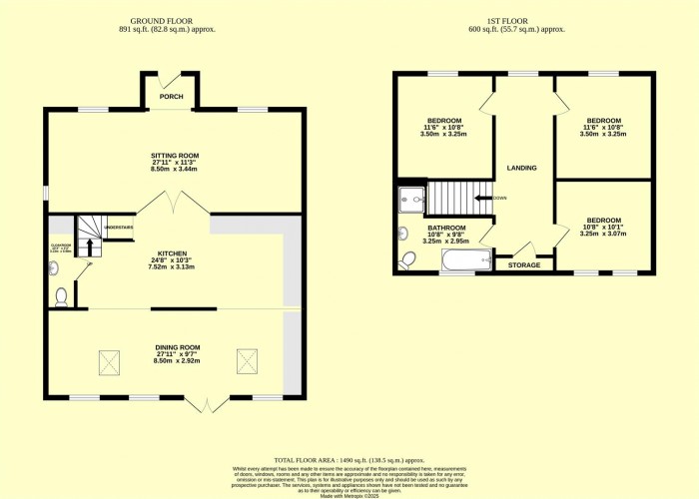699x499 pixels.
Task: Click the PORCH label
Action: (x=170, y=97)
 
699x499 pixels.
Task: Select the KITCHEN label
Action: (x=172, y=253)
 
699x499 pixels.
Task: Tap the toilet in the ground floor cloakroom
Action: (x=62, y=295)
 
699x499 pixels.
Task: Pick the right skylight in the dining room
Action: (x=245, y=361)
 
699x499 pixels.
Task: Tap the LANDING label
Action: (x=522, y=168)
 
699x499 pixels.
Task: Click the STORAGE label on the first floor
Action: (x=523, y=264)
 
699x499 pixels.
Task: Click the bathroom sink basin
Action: (x=402, y=234)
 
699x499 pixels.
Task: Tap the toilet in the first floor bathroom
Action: (x=407, y=261)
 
